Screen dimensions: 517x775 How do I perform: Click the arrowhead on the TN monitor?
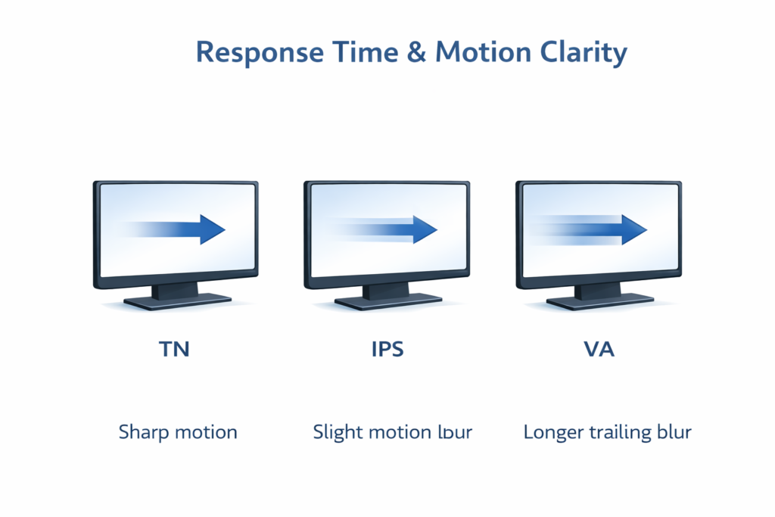pos(212,229)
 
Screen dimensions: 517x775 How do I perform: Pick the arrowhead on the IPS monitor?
pos(424,229)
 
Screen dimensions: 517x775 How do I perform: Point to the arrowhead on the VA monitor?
pos(634,229)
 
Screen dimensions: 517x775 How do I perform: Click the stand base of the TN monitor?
pos(176,301)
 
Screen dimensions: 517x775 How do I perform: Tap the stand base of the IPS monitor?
pos(387,301)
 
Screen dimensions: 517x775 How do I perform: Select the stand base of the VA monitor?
pos(599,301)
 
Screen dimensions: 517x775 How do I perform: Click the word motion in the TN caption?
pos(206,433)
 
